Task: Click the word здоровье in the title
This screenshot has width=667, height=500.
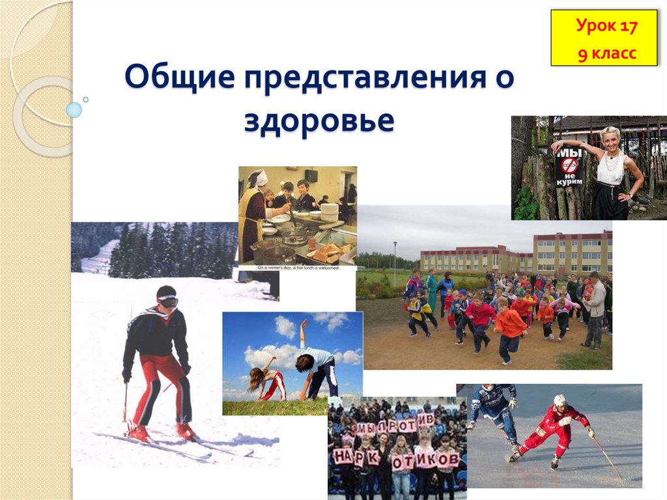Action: tap(319, 121)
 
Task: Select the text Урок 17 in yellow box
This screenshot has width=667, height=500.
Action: tap(606, 27)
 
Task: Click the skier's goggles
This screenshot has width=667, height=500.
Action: tap(167, 302)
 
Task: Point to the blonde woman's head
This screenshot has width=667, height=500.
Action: tap(610, 139)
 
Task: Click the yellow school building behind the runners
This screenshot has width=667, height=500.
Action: tap(572, 253)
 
